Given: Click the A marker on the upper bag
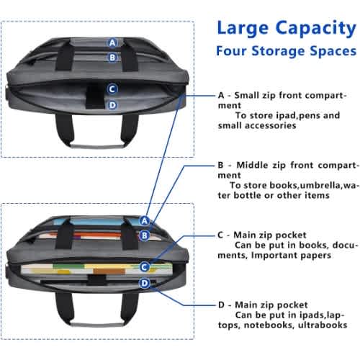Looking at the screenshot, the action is (x=112, y=43).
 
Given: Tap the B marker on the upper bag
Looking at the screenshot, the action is (x=112, y=58).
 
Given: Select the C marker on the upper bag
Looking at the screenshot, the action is (x=112, y=89).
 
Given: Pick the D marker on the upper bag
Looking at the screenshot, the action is (x=112, y=105).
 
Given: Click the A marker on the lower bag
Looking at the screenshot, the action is (x=145, y=220).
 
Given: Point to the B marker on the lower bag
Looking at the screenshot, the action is (x=145, y=235).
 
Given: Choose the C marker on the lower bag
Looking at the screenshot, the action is (x=144, y=267).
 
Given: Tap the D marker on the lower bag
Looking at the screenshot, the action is (x=145, y=283).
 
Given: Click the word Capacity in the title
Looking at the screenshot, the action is (x=315, y=29).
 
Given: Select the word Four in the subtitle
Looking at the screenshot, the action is (x=231, y=51).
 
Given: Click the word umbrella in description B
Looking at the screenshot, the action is (x=320, y=186).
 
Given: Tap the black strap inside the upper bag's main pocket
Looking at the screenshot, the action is (x=95, y=96).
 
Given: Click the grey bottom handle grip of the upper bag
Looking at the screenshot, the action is (x=97, y=145).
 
